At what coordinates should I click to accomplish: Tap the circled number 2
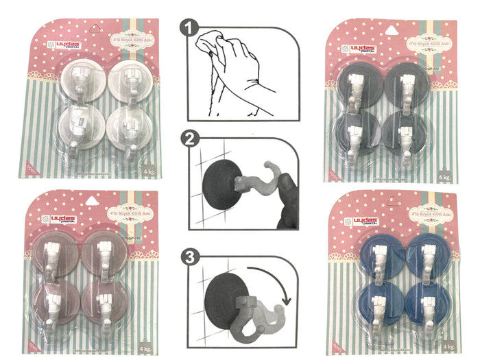[x=189, y=142]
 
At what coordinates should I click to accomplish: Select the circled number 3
[x=189, y=258]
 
